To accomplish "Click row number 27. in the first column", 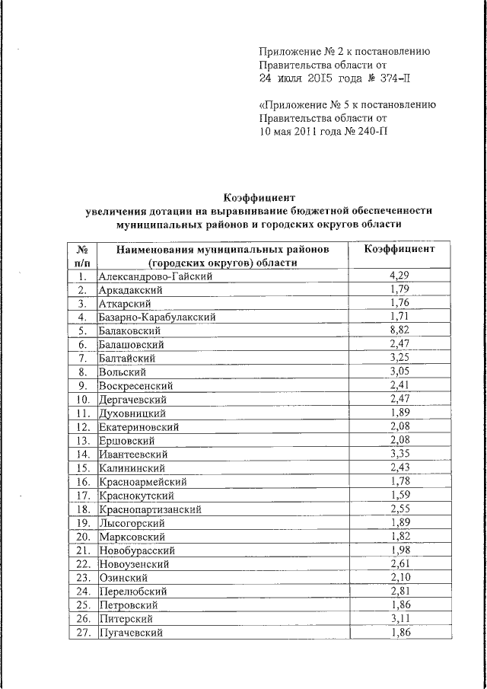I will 83,633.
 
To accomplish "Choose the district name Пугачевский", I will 129,633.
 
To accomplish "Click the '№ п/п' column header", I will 83,256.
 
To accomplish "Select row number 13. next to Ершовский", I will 83,441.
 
